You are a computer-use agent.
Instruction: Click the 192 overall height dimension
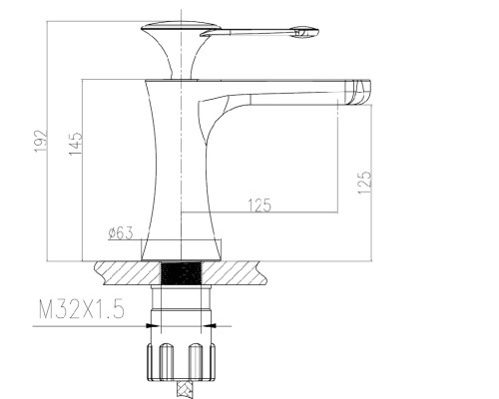click(41, 141)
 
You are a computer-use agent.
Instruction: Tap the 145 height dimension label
click(76, 144)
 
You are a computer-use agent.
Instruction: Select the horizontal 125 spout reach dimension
click(259, 205)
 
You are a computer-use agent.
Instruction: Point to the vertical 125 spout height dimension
click(364, 183)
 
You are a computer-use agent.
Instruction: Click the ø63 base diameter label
click(121, 232)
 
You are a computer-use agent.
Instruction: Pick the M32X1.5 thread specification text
click(82, 309)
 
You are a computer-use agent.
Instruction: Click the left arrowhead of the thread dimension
click(152, 326)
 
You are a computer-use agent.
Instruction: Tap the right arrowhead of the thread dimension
click(211, 326)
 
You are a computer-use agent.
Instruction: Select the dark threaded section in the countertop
click(182, 273)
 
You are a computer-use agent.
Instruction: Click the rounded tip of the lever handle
click(305, 32)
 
